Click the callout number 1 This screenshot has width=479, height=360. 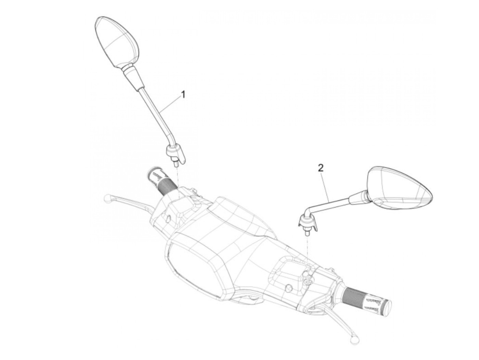coord(183,94)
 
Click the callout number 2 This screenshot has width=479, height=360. coord(321,168)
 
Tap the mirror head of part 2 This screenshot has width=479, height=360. coord(399,188)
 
